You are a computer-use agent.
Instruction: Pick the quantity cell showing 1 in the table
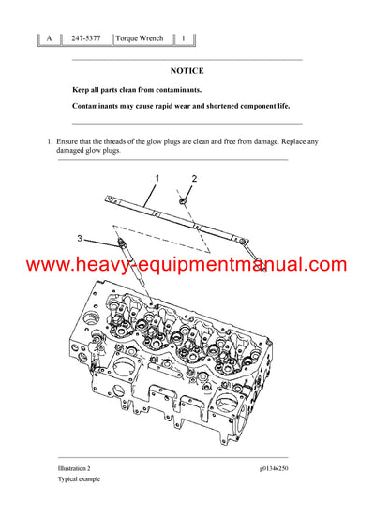coord(184,39)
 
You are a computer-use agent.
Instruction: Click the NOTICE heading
coord(187,70)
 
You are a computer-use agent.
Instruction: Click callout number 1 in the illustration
coord(157,178)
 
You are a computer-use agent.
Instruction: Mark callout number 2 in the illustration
coord(195,178)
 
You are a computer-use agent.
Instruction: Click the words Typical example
coord(78,478)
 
